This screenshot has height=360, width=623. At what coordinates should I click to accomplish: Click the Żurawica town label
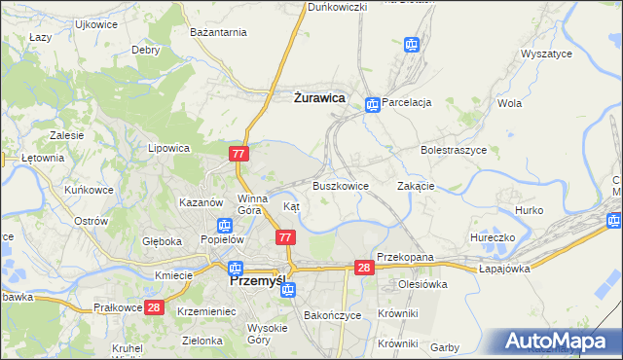pos(319,96)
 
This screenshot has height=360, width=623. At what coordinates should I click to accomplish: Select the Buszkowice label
pos(340,186)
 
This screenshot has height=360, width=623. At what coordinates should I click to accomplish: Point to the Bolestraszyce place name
pos(453,151)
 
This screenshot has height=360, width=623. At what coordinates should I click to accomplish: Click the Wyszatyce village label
pos(546,54)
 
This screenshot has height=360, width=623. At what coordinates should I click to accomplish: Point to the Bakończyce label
pos(333,316)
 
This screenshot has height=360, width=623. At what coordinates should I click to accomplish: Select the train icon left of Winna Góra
pos(225,225)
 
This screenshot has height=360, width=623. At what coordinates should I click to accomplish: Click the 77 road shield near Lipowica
pos(240,154)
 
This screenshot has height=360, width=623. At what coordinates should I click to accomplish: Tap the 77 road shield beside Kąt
pos(285,237)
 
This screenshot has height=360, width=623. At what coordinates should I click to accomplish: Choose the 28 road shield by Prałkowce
pos(153,307)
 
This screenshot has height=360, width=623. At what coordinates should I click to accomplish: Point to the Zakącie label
pos(416,186)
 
